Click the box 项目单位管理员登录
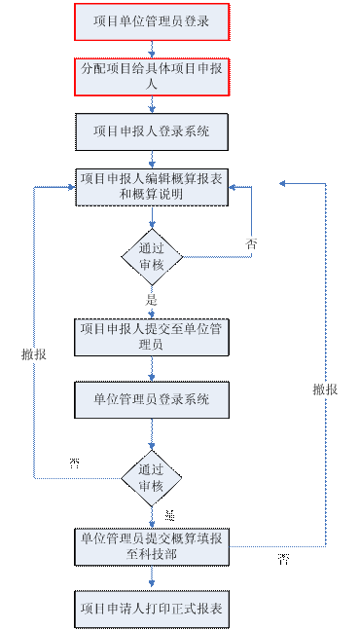click(151, 21)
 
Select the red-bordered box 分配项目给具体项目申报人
click(151, 76)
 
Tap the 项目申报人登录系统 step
click(151, 130)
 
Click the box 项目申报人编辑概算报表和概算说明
click(151, 186)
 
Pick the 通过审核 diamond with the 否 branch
click(151, 257)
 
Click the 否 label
click(251, 243)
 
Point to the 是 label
click(151, 299)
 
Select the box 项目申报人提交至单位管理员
click(151, 336)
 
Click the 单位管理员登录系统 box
click(151, 399)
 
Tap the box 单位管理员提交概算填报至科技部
click(151, 546)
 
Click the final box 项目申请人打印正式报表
click(151, 609)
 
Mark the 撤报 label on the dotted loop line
click(34, 355)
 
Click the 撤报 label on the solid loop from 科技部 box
click(325, 389)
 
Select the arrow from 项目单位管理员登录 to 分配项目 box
click(151, 49)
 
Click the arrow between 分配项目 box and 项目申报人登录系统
click(151, 105)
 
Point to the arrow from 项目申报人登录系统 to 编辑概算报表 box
click(151, 159)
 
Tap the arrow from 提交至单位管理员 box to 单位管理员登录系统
click(151, 368)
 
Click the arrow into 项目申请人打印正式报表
click(151, 578)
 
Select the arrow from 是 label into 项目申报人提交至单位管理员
click(151, 312)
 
